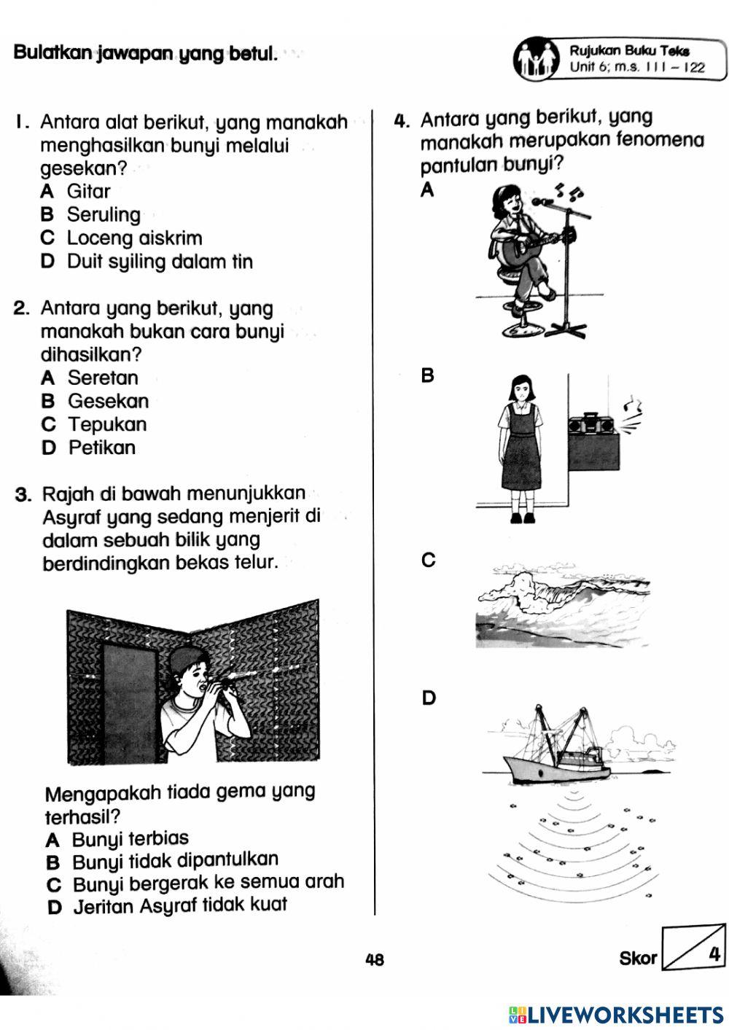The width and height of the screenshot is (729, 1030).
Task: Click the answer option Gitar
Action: [88, 192]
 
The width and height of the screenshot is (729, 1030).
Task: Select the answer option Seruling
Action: [104, 215]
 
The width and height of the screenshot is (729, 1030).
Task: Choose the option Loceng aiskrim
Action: [134, 238]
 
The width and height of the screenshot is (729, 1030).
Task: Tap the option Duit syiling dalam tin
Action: [160, 262]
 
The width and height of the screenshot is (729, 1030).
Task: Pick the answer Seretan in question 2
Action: [103, 378]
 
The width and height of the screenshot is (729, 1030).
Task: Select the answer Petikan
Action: [101, 448]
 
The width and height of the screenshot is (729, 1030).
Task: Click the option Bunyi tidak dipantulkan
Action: [175, 862]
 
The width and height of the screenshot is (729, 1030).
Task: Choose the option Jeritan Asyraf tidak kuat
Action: [179, 906]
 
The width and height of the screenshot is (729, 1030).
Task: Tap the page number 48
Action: [374, 959]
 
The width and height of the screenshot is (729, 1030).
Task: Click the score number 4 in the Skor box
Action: [714, 953]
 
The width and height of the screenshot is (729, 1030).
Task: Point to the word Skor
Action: [637, 959]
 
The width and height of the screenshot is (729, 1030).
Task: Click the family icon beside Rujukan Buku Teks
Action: [538, 60]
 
